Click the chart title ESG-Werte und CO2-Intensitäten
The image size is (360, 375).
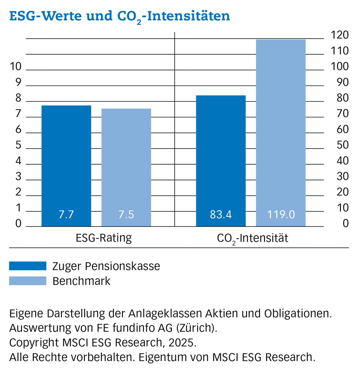119,16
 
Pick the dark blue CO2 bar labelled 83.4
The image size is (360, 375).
221,157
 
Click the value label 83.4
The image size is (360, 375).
221,215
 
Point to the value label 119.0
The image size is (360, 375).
281,215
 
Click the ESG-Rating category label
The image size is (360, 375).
104,238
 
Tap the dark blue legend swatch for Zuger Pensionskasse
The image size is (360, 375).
28,266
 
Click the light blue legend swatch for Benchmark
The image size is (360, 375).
28,281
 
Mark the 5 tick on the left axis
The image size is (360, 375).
18,146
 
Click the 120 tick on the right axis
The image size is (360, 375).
339,36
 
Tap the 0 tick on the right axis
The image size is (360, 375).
345,223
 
